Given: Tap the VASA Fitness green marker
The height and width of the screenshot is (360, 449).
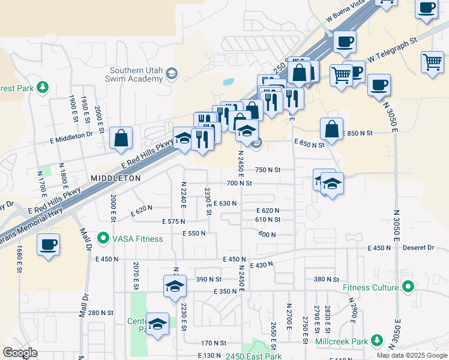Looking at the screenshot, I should pyautogui.click(x=103, y=238).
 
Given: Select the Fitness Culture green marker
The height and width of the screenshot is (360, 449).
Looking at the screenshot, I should pyautogui.click(x=408, y=287).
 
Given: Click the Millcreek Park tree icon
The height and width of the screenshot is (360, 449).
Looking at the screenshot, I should pyautogui.click(x=377, y=341).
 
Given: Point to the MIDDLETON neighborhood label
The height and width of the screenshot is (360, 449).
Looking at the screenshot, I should pyautogui.click(x=115, y=178).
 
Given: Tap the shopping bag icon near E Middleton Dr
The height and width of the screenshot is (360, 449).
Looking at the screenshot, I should pyautogui.click(x=121, y=139).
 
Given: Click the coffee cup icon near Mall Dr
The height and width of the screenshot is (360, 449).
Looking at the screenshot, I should pyautogui.click(x=49, y=245).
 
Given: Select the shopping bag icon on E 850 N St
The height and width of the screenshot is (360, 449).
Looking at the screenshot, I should pyautogui.click(x=331, y=128).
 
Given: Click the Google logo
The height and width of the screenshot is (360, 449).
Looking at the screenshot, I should pyautogui.click(x=20, y=353).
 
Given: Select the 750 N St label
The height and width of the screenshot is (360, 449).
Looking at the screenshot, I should pyautogui.click(x=268, y=170).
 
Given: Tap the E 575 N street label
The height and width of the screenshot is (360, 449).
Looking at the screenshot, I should pyautogui.click(x=176, y=221).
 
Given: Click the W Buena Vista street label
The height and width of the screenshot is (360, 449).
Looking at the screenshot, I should pyautogui.click(x=347, y=15).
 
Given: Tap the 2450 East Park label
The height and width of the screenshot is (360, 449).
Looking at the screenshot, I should pyautogui.click(x=253, y=356).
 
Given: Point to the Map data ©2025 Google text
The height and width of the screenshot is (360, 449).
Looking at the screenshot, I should pyautogui.click(x=411, y=355).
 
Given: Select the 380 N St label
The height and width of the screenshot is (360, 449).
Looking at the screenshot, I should pyautogui.click(x=327, y=280).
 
